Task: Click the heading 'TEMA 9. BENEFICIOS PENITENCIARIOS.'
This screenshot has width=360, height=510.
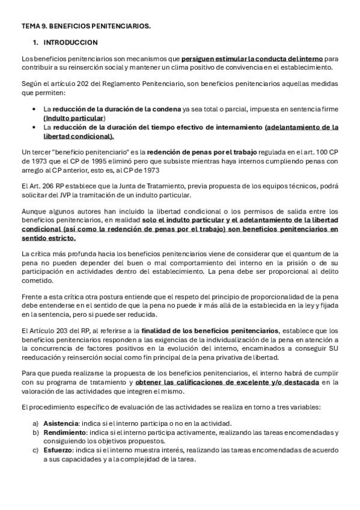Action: point(85,27)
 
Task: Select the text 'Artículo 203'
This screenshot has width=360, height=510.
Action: point(47,330)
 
